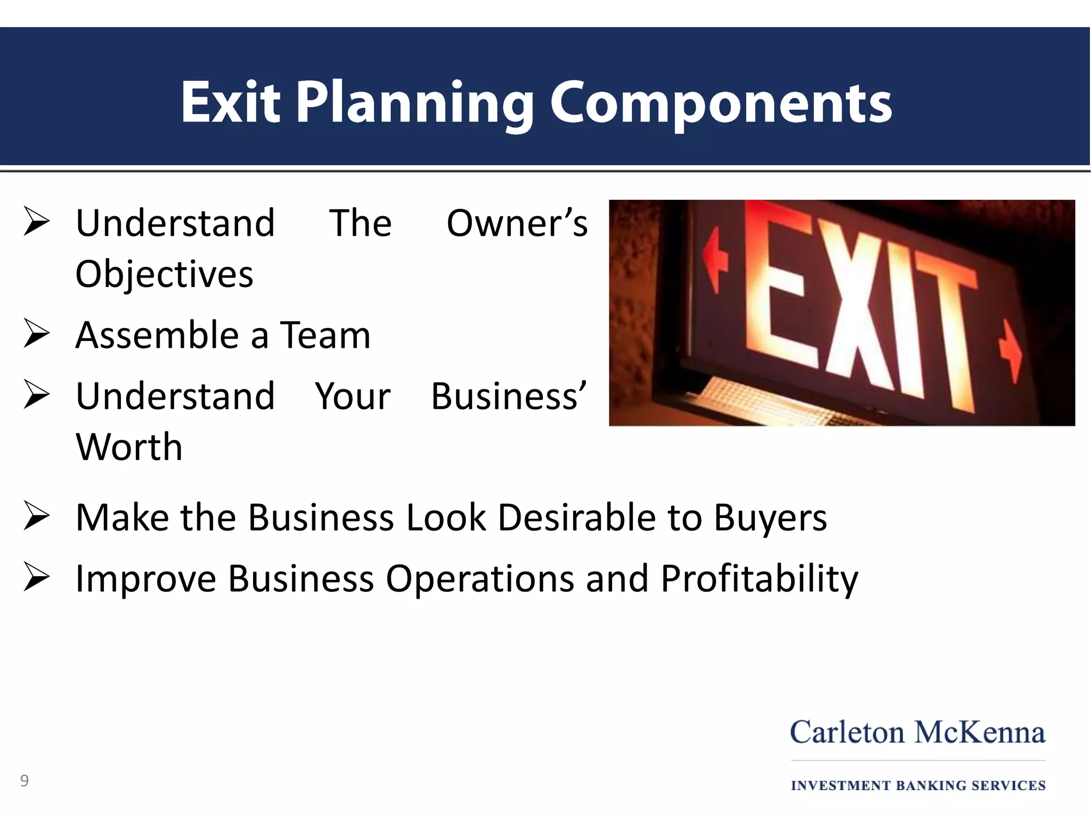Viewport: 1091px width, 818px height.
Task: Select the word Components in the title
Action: coord(720,104)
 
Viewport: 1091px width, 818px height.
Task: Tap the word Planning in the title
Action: coord(414,104)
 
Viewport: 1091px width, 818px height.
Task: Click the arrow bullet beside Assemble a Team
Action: coord(36,335)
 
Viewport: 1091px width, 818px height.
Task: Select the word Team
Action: coord(325,336)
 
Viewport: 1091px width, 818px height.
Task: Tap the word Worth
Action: coord(129,446)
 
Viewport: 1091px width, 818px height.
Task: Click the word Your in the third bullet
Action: coord(353,396)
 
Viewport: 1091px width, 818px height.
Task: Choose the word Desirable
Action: coord(576,517)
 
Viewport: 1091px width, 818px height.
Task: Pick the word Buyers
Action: coord(770,518)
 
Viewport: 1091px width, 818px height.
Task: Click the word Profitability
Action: coord(759,579)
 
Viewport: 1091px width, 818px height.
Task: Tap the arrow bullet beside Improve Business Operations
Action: coord(36,578)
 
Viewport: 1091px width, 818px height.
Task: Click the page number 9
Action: coord(25,781)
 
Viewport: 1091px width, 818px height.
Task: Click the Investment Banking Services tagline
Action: coord(918,786)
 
